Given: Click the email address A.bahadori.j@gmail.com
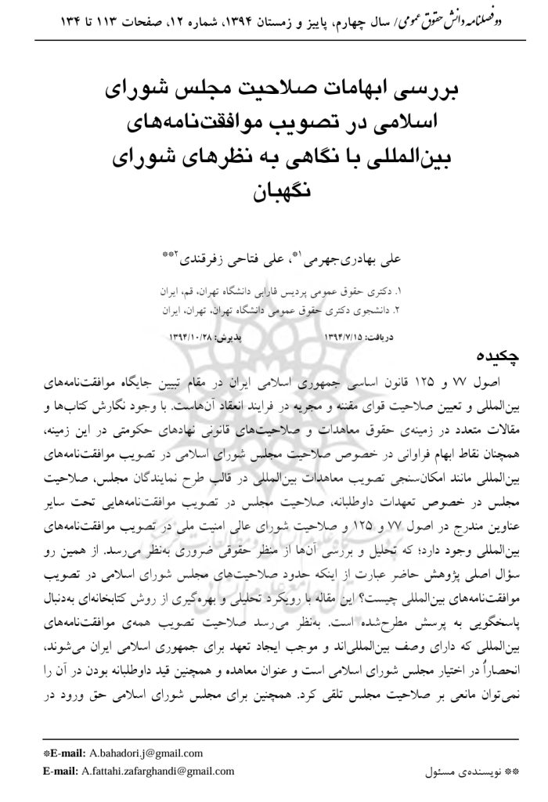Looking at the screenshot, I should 145,753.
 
